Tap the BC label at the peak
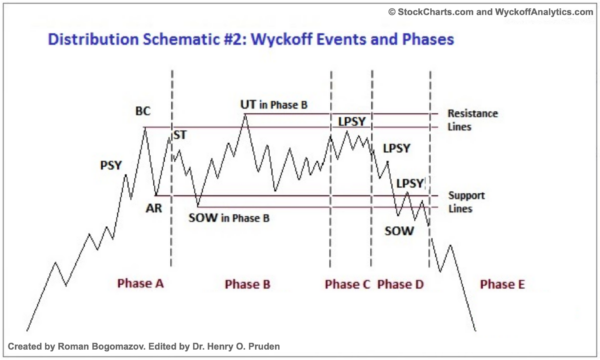click(143, 112)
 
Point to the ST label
click(181, 134)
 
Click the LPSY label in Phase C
click(352, 122)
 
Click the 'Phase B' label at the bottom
click(247, 284)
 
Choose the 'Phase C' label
click(348, 284)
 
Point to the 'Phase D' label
click(400, 284)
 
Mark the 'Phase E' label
click(502, 284)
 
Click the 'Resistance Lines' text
click(471, 120)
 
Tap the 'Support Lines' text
click(465, 201)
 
